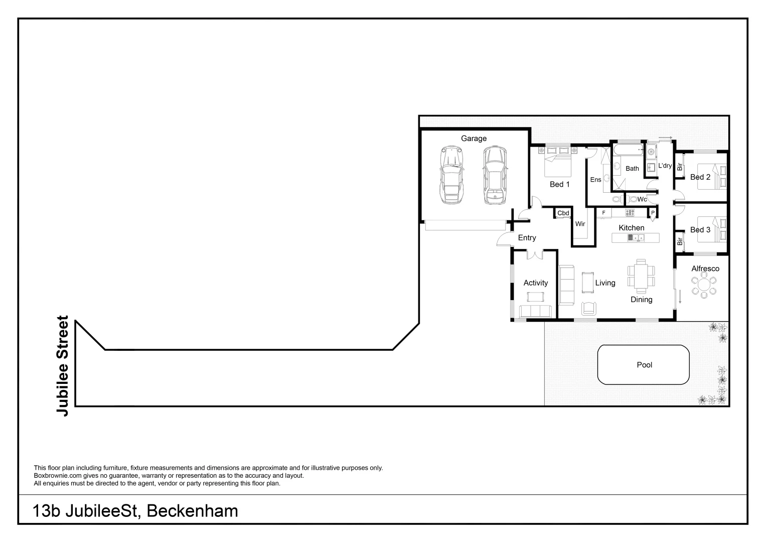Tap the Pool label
(x=644, y=365)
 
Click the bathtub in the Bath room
(x=628, y=150)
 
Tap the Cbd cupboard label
(x=563, y=213)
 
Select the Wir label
(x=580, y=224)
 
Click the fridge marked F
(x=603, y=213)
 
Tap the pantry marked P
(x=653, y=213)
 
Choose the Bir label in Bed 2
(x=680, y=167)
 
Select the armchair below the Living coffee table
(x=589, y=308)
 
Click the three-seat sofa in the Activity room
(x=535, y=311)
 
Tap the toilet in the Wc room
(x=633, y=199)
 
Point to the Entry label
(x=527, y=238)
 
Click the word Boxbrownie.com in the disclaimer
(x=54, y=476)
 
